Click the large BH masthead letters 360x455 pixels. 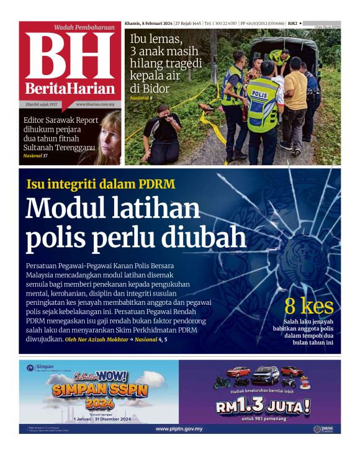[x=70, y=56]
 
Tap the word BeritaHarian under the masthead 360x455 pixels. [x=70, y=88]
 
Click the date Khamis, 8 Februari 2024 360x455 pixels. [x=151, y=22]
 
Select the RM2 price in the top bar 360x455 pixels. [x=292, y=22]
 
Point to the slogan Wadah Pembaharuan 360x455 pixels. [x=85, y=28]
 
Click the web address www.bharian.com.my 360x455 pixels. [x=97, y=104]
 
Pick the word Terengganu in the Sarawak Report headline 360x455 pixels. [x=73, y=148]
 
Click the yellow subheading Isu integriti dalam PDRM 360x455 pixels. [x=101, y=184]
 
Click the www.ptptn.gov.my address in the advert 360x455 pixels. [x=179, y=428]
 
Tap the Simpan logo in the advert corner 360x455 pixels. [x=41, y=367]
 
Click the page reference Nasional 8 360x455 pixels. [x=141, y=98]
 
